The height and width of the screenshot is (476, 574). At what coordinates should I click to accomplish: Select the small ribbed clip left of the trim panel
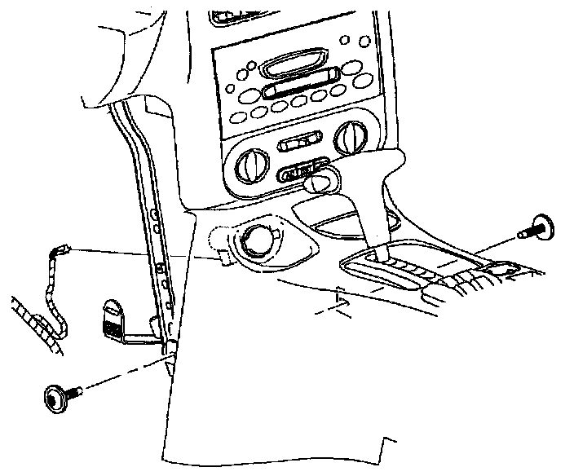click(x=113, y=316)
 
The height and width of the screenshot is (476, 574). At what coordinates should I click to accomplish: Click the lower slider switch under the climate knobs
click(x=301, y=172)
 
